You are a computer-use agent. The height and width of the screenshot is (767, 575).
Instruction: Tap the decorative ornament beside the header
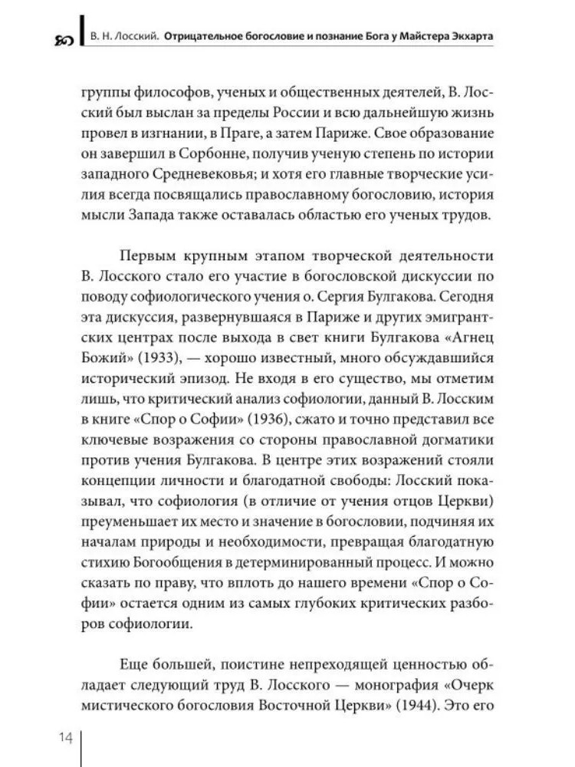coord(64,38)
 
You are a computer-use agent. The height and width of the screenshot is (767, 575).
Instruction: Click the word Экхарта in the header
coord(467,35)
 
